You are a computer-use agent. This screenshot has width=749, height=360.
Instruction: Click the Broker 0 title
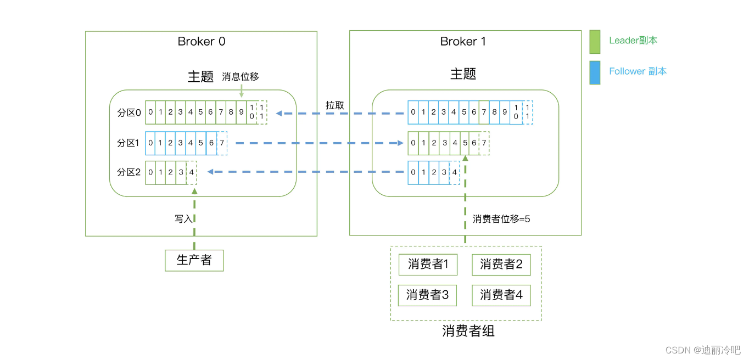(x=201, y=42)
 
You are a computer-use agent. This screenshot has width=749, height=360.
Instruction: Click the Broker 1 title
(x=463, y=42)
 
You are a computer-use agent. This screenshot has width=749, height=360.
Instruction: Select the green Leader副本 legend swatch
(x=595, y=42)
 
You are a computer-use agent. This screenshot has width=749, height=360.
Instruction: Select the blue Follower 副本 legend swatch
(x=595, y=72)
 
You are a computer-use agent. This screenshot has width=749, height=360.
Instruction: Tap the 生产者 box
(x=194, y=260)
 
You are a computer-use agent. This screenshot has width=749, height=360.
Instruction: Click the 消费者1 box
(x=428, y=265)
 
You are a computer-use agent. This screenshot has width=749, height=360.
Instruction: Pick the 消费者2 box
(x=501, y=265)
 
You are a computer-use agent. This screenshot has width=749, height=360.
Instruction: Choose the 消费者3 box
(x=428, y=295)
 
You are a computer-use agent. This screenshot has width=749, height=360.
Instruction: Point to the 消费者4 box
(x=501, y=295)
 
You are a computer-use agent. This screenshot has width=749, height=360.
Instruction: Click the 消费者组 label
(x=468, y=331)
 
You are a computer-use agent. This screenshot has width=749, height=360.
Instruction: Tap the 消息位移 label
(x=241, y=77)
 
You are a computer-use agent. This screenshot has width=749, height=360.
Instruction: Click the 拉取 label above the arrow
(x=335, y=105)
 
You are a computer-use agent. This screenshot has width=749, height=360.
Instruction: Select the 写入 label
(x=183, y=218)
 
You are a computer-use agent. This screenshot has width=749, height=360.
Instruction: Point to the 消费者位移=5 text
(x=501, y=218)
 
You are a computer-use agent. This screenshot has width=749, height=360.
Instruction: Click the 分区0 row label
(x=129, y=113)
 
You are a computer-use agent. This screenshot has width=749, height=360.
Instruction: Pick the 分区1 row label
(x=129, y=143)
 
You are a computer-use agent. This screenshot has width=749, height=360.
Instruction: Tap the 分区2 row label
(x=129, y=172)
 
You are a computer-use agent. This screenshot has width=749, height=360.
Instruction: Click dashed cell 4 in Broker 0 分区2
(x=191, y=172)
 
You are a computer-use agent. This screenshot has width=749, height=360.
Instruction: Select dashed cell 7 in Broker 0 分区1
(x=222, y=143)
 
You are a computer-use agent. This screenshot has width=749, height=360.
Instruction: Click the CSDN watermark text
(x=702, y=350)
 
